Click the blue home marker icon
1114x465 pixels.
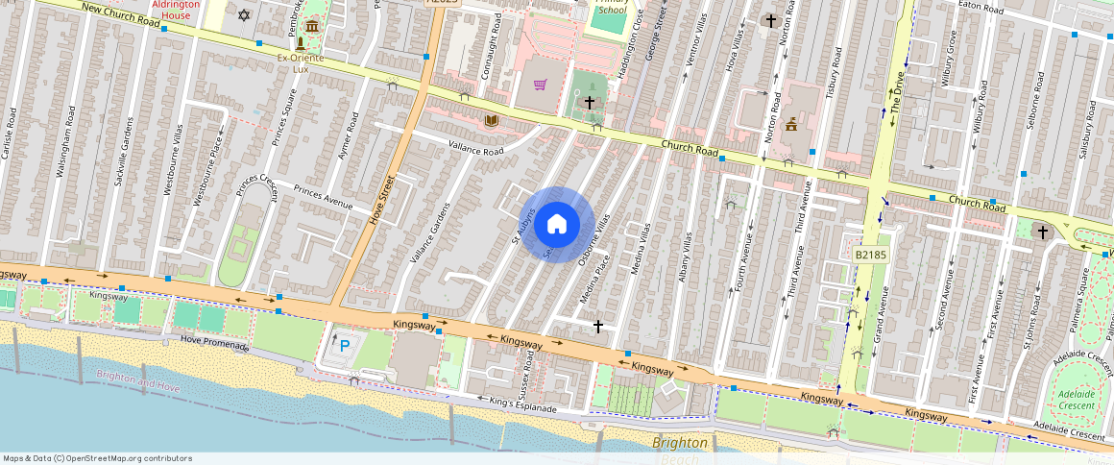[x=557, y=225]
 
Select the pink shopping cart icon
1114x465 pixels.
[x=541, y=86]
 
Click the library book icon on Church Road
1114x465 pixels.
[x=492, y=120]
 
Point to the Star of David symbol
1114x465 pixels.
[x=244, y=15]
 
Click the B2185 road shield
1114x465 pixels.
[x=870, y=255]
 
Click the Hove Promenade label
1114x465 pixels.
[x=215, y=345]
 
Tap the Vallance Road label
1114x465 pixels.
[x=476, y=148]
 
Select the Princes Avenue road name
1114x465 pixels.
[x=323, y=197]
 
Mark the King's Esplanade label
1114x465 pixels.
[x=522, y=404]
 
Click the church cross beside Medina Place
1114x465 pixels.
[x=598, y=327]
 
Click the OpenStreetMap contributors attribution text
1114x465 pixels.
[x=98, y=458]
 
